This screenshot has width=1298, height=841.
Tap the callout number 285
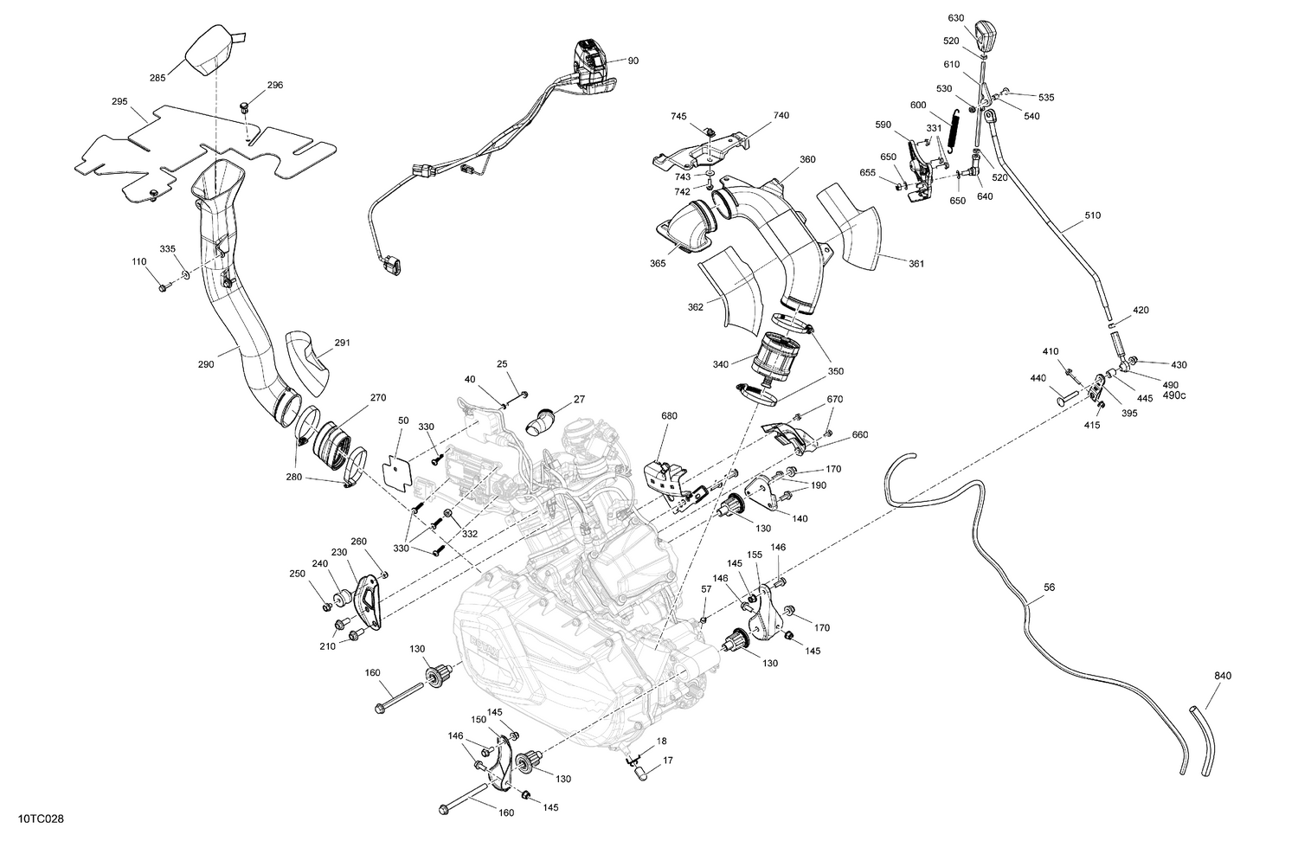tap(157, 78)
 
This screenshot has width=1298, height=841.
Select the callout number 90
tap(633, 61)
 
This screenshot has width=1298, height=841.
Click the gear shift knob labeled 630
tap(984, 35)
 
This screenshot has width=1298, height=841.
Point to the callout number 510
tap(1093, 215)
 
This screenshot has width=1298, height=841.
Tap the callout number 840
tap(1223, 676)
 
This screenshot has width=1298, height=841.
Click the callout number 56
tap(1050, 587)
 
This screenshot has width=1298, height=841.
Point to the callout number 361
tap(916, 263)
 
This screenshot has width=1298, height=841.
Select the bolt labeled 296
tap(245, 107)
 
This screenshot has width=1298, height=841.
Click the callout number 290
tap(206, 364)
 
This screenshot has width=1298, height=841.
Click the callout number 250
tap(297, 574)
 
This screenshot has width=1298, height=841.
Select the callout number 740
tap(781, 115)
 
